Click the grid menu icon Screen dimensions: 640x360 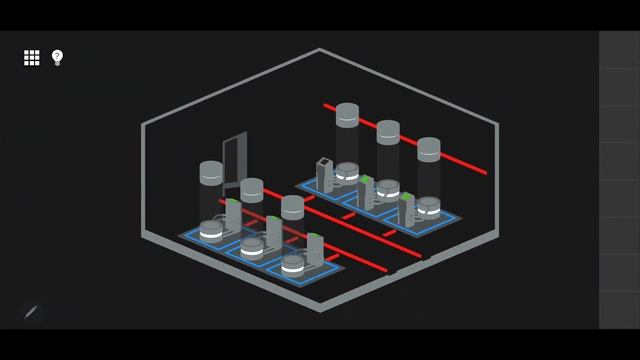point(32,58)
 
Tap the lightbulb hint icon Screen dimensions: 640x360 point(57,57)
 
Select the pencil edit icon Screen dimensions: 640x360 point(31,312)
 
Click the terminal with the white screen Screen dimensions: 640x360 point(324,173)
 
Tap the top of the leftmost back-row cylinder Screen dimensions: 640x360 point(347,113)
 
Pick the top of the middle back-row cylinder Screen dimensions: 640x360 point(388,130)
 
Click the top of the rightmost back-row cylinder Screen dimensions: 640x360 point(429,148)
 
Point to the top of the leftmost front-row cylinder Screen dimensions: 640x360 point(211,170)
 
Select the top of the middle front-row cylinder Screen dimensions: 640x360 point(252,187)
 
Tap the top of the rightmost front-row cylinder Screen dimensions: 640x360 point(292,205)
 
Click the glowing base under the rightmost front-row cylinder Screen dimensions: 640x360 point(292,265)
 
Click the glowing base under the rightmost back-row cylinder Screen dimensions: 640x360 point(428,208)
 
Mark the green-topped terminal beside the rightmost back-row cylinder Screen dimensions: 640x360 point(406,207)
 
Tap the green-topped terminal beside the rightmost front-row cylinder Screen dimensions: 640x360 point(314,249)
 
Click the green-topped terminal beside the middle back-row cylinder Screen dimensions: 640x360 point(365,190)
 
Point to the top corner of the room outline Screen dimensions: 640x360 point(320,49)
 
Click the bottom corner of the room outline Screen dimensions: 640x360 point(320,309)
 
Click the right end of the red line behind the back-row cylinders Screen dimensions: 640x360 point(485,172)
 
